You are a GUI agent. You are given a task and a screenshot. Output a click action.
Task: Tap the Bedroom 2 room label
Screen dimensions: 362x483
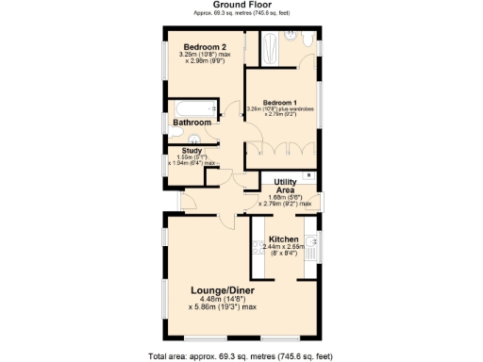(x=204, y=47)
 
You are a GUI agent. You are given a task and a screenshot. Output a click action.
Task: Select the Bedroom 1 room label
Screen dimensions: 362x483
(x=280, y=102)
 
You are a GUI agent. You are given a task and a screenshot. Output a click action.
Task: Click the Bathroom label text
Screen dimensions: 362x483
(x=192, y=123)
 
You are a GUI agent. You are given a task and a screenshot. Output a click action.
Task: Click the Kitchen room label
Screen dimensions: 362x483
(x=284, y=239)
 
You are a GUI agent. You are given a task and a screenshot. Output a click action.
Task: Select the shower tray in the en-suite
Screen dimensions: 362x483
(x=269, y=48)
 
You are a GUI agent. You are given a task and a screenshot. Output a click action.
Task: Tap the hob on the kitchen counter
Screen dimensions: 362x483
(x=257, y=247)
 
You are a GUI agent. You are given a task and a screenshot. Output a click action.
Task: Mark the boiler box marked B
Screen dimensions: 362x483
(x=312, y=176)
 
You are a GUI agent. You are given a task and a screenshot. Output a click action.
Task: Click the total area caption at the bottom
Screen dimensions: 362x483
(x=241, y=355)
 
